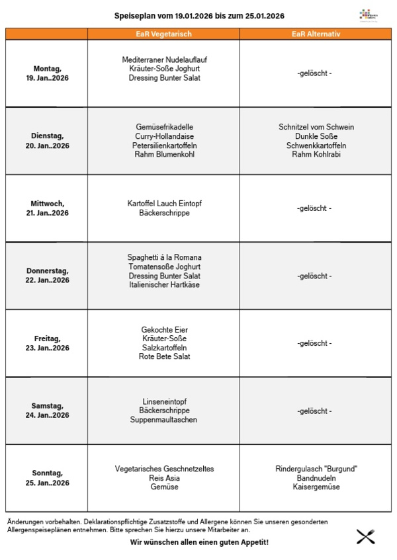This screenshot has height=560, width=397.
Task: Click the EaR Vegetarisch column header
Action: (163, 34)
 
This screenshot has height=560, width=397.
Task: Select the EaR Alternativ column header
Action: (316, 34)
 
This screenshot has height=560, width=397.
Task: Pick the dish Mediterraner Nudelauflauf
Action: (164, 60)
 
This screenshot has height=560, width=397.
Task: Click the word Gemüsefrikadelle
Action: (164, 127)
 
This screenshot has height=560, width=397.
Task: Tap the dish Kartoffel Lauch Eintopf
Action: (164, 204)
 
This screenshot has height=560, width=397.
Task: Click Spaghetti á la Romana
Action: (164, 257)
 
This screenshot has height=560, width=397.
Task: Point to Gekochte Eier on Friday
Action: (164, 329)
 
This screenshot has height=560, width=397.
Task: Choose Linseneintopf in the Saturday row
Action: (164, 401)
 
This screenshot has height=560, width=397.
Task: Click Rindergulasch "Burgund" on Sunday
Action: (316, 469)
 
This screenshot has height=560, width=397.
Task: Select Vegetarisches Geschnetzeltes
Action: (164, 469)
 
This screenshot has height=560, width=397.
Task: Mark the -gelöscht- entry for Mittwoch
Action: (314, 208)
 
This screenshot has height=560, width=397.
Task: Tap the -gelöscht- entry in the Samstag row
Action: (314, 411)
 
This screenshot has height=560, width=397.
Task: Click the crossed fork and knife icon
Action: (366, 536)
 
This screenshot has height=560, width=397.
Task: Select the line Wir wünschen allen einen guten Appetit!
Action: (199, 543)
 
